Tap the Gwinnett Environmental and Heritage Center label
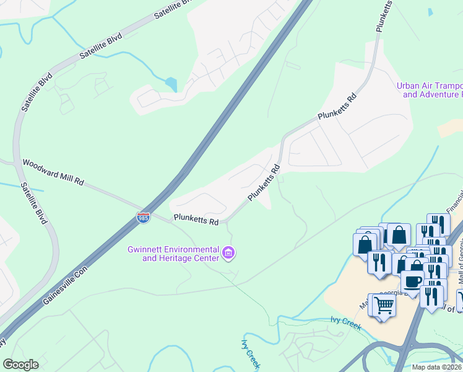point(173,254)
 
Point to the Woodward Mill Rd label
point(53,173)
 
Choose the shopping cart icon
point(383,305)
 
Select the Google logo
point(21,365)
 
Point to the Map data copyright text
point(437,367)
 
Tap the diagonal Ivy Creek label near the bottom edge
point(250,350)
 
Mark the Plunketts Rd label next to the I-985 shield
point(196,219)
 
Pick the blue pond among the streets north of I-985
point(171,83)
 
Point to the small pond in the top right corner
point(430,12)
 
